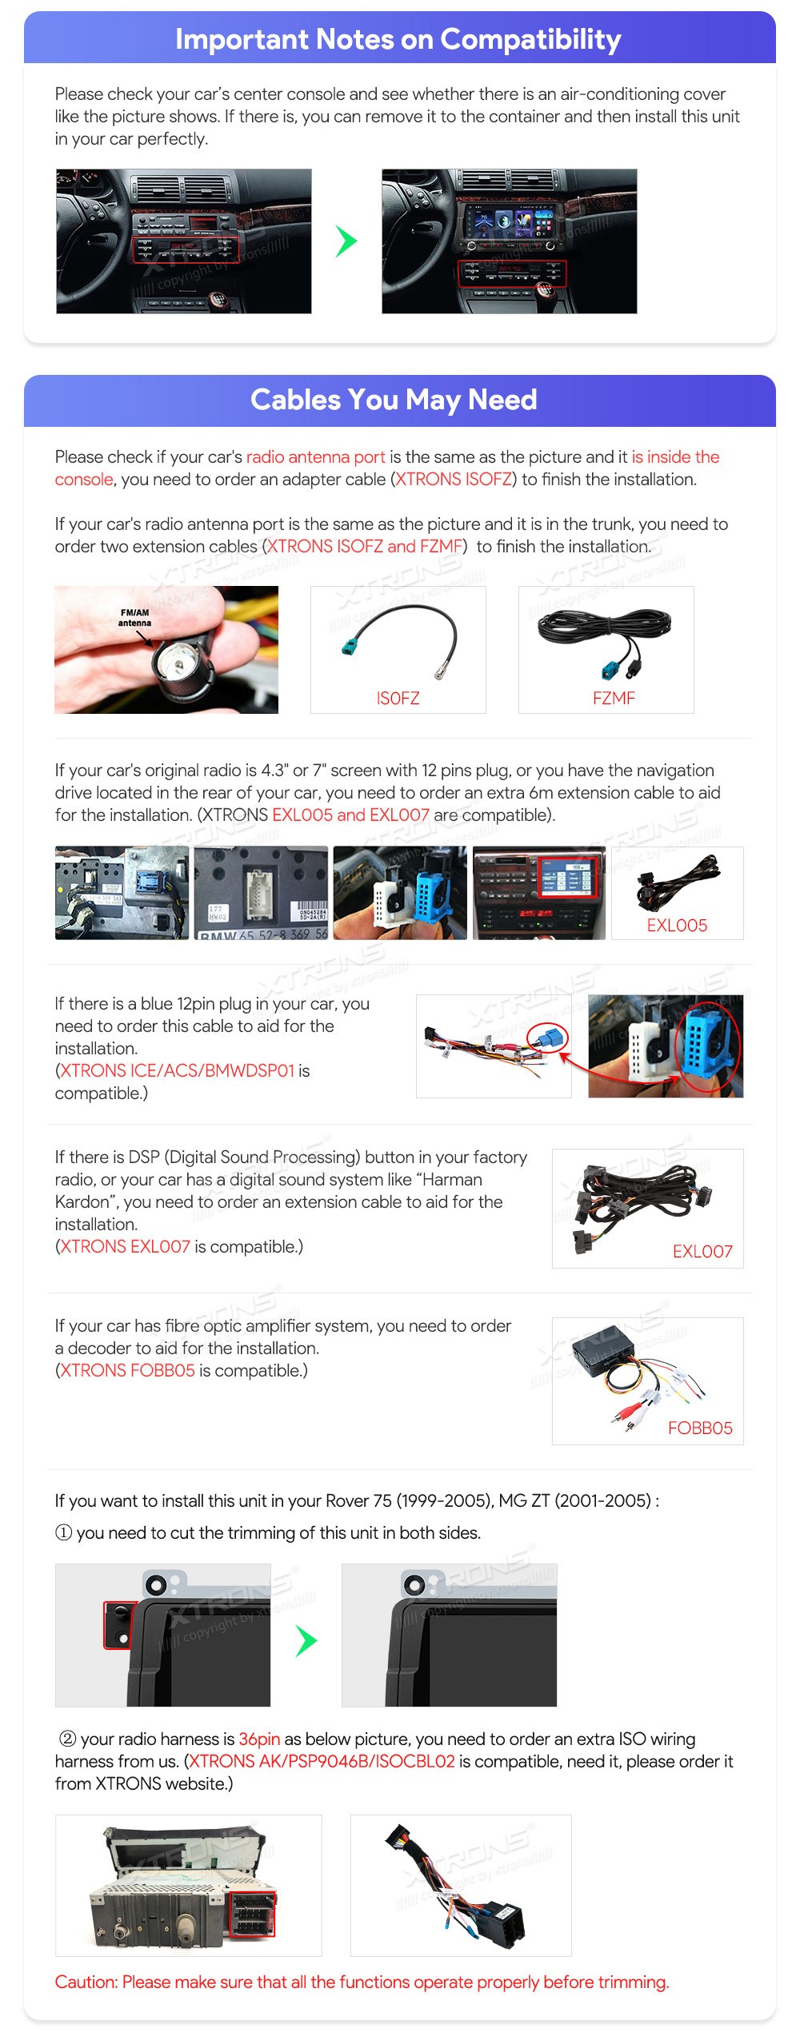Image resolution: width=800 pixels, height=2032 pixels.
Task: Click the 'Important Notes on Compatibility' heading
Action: click(x=398, y=39)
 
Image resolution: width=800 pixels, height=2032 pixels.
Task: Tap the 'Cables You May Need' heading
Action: click(x=394, y=400)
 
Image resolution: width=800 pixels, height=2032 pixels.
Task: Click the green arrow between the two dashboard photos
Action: click(x=346, y=241)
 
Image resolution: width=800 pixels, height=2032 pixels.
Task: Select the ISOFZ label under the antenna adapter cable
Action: click(x=398, y=698)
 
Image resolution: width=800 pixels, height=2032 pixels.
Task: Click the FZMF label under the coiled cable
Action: click(x=614, y=698)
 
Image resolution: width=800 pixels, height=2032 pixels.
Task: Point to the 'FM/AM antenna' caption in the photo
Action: click(x=134, y=617)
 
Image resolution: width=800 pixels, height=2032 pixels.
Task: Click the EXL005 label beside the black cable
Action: click(x=677, y=925)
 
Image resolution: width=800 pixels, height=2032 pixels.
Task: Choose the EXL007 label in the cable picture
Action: click(x=702, y=1251)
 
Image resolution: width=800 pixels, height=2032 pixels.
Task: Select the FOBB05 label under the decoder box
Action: click(x=700, y=1428)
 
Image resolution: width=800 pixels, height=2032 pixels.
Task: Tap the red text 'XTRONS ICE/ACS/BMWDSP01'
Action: click(x=178, y=1070)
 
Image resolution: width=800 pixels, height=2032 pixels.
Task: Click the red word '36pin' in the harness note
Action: click(x=259, y=1739)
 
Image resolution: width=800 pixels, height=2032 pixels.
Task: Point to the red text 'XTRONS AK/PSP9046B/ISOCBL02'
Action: click(x=322, y=1761)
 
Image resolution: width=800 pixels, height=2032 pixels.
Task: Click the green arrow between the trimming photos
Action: click(x=306, y=1641)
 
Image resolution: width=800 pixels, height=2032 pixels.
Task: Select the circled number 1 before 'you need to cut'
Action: click(x=63, y=1532)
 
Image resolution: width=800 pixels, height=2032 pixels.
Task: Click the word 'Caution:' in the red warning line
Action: click(x=87, y=1982)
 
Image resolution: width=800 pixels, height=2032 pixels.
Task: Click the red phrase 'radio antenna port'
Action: click(x=315, y=457)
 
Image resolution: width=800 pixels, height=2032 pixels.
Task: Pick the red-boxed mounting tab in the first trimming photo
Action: click(x=119, y=1624)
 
